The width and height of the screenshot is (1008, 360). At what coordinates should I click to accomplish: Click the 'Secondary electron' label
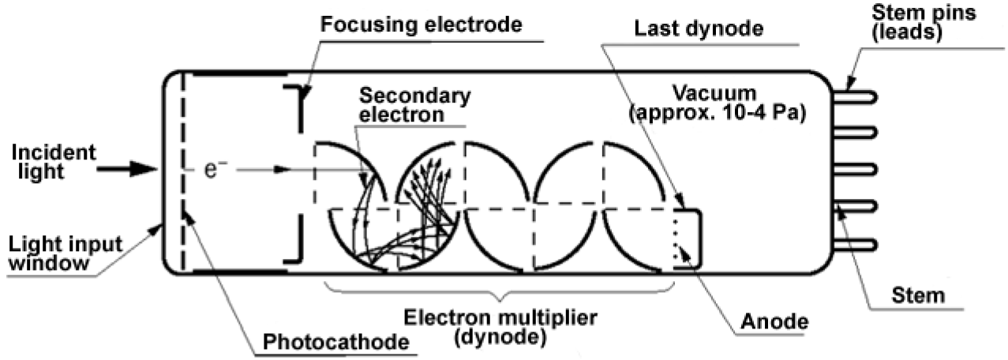click(414, 104)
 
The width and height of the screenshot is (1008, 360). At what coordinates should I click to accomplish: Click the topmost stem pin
click(857, 95)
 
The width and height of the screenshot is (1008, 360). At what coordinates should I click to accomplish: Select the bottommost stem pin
click(857, 243)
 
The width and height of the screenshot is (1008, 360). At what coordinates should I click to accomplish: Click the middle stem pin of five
click(857, 169)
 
